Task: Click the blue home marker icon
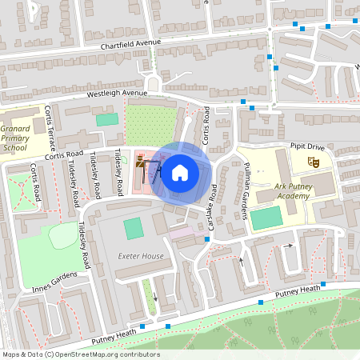[x=180, y=172]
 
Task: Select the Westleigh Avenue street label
[x=118, y=94]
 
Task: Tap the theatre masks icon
[x=314, y=162]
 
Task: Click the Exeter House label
[x=141, y=256]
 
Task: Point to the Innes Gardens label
[x=53, y=281]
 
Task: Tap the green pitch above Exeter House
[x=134, y=227]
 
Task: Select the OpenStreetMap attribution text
[x=80, y=354]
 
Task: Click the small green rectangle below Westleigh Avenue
[x=106, y=119]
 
